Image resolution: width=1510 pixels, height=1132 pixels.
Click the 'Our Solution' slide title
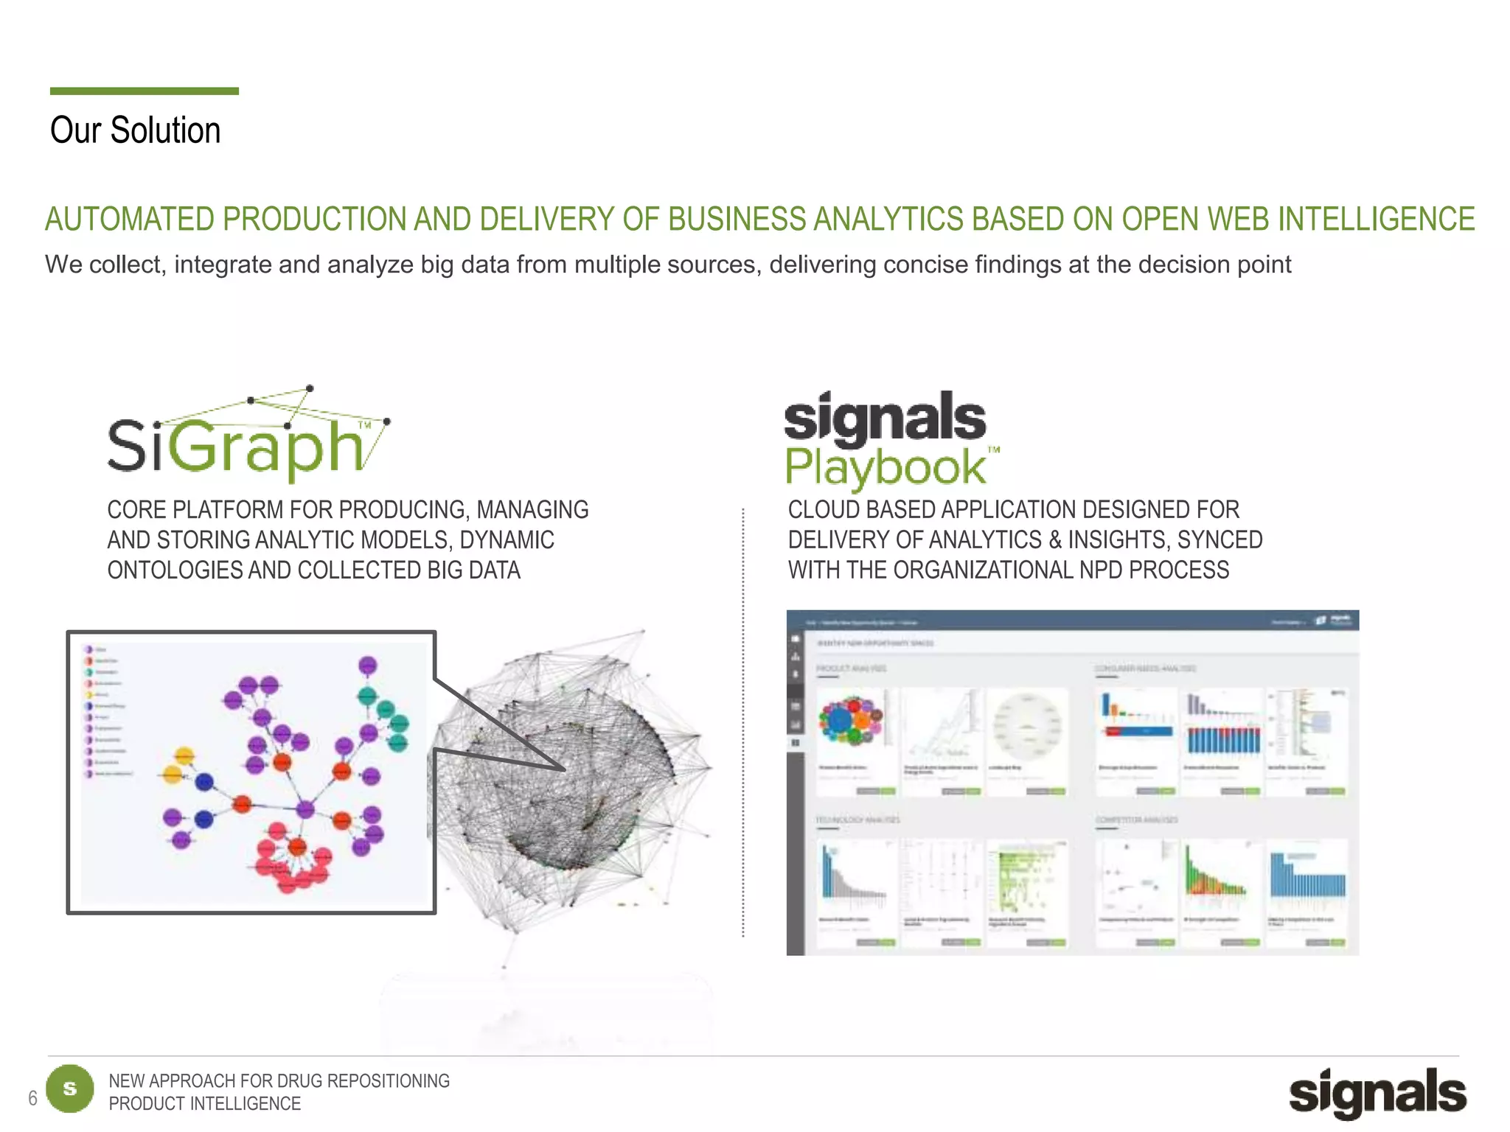click(135, 131)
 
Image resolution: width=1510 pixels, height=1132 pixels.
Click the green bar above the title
click(144, 91)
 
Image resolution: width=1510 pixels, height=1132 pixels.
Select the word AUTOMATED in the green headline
click(130, 220)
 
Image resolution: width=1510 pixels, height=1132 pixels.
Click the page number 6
click(32, 1098)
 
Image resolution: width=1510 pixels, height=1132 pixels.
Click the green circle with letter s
click(70, 1089)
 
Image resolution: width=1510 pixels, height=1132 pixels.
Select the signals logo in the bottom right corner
click(1377, 1092)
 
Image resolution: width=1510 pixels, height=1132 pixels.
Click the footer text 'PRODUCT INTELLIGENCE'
click(204, 1104)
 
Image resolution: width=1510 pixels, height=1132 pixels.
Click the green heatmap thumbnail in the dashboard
click(1024, 881)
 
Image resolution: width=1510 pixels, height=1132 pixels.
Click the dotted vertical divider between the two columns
click(743, 722)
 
